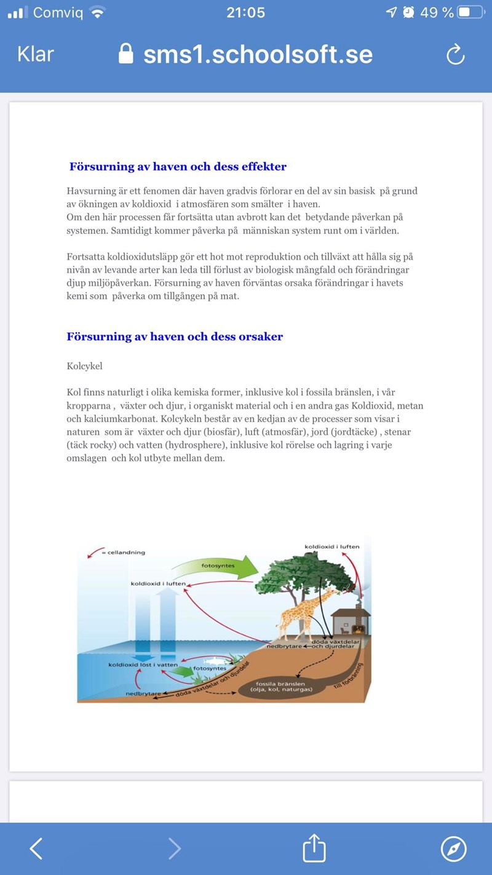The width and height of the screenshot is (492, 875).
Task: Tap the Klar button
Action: tap(36, 54)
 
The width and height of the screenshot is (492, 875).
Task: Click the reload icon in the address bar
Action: tap(455, 55)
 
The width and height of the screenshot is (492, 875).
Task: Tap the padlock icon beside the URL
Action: tap(126, 54)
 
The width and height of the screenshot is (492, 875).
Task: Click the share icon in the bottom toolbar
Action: tap(314, 849)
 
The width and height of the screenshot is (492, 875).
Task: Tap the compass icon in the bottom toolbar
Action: tap(454, 849)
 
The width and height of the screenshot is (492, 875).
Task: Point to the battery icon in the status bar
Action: tap(472, 12)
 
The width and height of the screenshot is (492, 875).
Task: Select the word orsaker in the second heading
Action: tap(261, 337)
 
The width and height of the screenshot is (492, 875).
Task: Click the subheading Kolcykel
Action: tap(84, 366)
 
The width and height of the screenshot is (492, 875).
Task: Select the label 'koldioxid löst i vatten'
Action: tap(143, 665)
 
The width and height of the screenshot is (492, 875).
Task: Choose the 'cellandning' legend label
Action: tap(126, 553)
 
